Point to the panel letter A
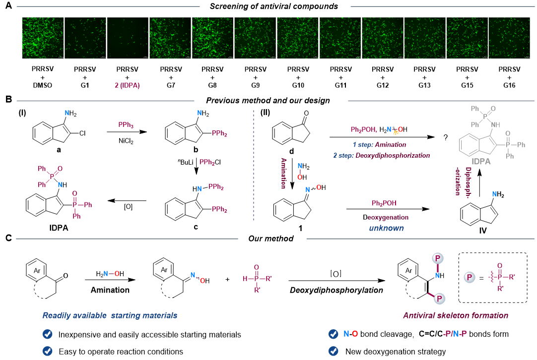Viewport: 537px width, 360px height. coord(8,6)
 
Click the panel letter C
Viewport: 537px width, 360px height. coord(8,239)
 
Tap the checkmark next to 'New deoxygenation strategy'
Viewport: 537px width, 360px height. coord(334,351)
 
